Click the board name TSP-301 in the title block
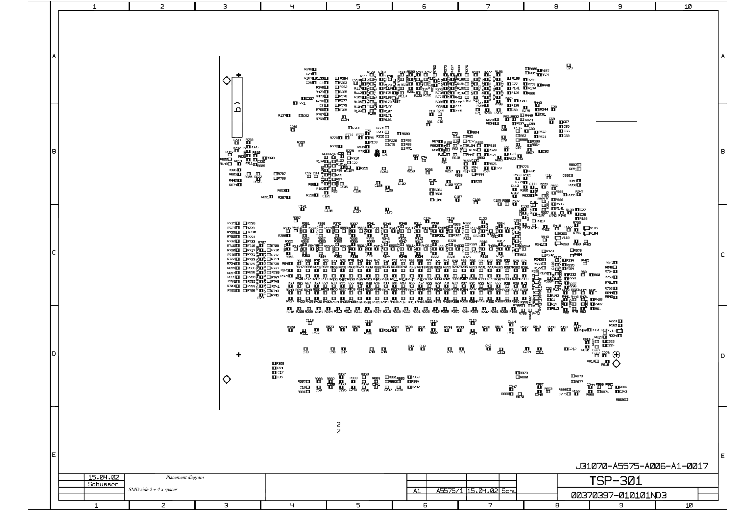tap(615, 481)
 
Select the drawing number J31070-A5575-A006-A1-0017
tap(642, 466)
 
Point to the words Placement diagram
tap(184, 477)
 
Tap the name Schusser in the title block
tap(103, 484)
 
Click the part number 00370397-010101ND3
tap(619, 495)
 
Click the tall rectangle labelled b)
tap(237, 107)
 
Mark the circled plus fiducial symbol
tap(616, 354)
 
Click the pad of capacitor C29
tap(569, 65)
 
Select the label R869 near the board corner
tap(620, 399)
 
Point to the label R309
tap(280, 363)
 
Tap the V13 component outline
tap(620, 331)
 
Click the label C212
tap(572, 349)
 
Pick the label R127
tap(282, 115)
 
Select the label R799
tap(301, 142)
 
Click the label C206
tap(293, 127)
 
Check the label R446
tap(546, 86)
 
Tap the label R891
tap(265, 197)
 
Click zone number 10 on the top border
tap(688, 6)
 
